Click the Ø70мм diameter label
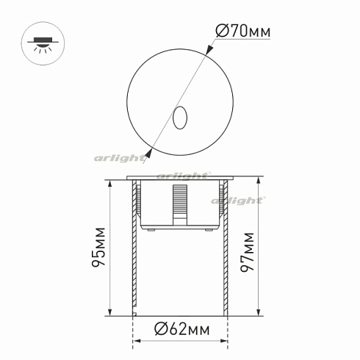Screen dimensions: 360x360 [242, 32]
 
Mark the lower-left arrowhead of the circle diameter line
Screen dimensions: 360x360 [150, 153]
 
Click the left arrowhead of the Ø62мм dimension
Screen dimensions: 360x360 [137, 342]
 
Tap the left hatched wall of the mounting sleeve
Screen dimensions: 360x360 [134, 250]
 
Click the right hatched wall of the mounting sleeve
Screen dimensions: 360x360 [224, 250]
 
